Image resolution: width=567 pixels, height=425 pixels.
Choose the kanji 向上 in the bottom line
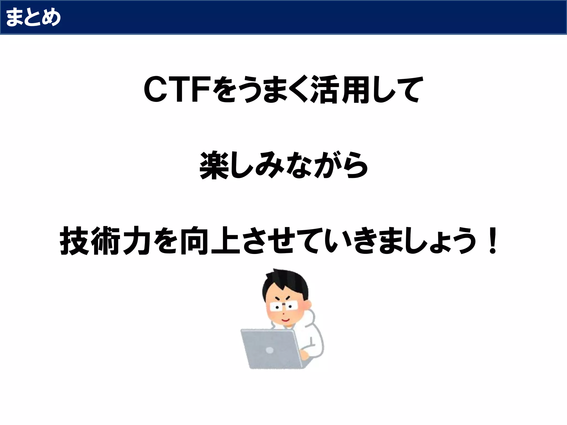pyautogui.click(x=209, y=240)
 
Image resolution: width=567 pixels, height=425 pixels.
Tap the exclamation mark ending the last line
pyautogui.click(x=492, y=240)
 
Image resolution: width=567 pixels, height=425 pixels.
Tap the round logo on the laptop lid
pyautogui.click(x=270, y=350)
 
